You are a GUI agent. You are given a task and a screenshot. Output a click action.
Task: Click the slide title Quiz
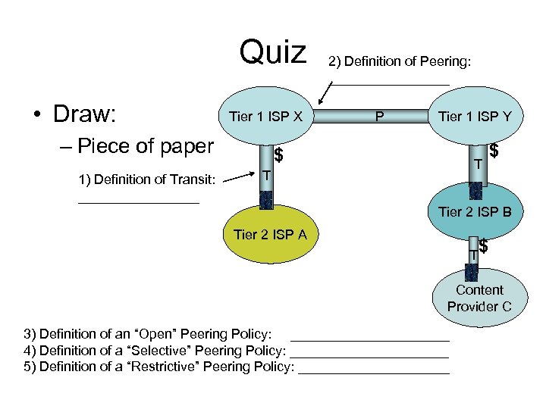[273, 53]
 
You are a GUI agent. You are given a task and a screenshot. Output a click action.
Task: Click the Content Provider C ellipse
[479, 298]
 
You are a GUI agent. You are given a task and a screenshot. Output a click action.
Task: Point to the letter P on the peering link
[379, 117]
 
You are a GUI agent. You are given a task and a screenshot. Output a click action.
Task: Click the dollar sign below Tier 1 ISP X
[278, 156]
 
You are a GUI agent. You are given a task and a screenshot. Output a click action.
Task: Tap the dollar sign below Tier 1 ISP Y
[494, 151]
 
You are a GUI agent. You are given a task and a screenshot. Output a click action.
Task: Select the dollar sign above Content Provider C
[483, 246]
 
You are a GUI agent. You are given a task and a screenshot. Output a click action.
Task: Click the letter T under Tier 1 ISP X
[265, 176]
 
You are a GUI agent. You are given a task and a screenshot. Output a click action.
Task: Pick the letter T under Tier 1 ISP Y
[478, 164]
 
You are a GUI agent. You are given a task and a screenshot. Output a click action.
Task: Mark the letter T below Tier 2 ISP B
[472, 256]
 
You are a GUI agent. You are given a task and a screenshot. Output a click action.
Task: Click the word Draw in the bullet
[84, 114]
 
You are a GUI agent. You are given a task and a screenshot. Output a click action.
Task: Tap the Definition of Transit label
[146, 180]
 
